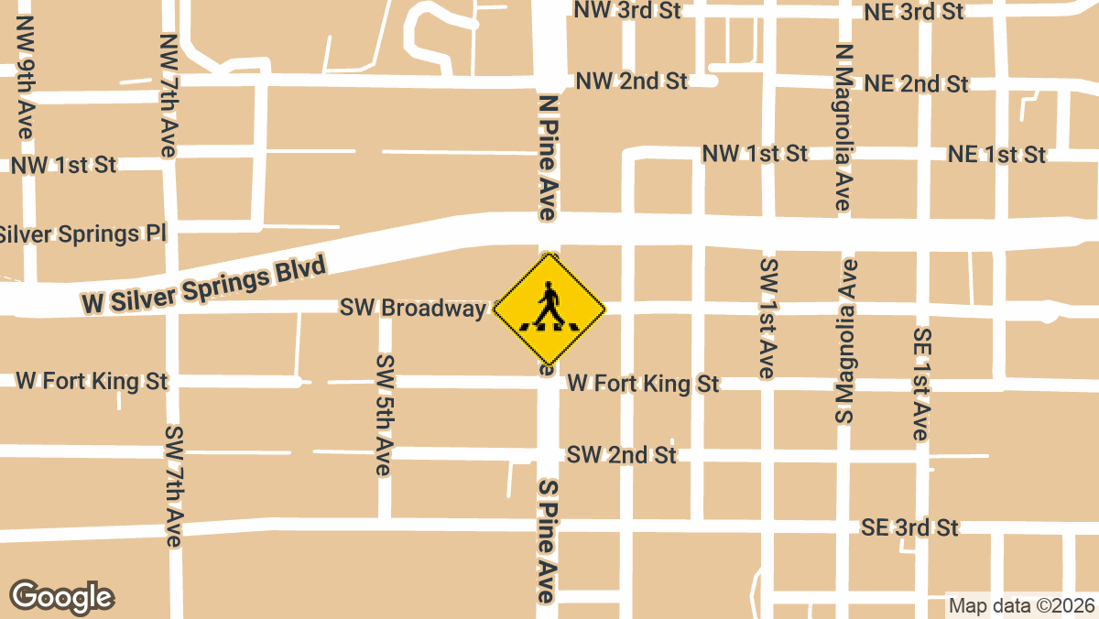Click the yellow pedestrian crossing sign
click(549, 310)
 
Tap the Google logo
click(61, 596)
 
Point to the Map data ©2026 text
click(1021, 605)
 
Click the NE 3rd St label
click(914, 13)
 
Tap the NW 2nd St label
click(631, 81)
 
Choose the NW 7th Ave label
click(169, 95)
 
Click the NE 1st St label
click(996, 155)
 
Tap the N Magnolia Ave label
click(843, 128)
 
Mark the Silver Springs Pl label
click(81, 233)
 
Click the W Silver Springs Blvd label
click(203, 286)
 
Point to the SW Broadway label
click(412, 308)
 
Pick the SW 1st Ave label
click(767, 318)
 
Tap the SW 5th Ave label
click(384, 414)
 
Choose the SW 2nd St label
click(621, 454)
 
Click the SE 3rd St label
click(909, 527)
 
